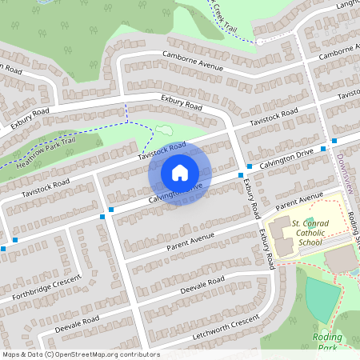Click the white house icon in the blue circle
180,172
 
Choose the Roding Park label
328,342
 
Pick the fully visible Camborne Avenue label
193,62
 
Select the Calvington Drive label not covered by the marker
286,159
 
